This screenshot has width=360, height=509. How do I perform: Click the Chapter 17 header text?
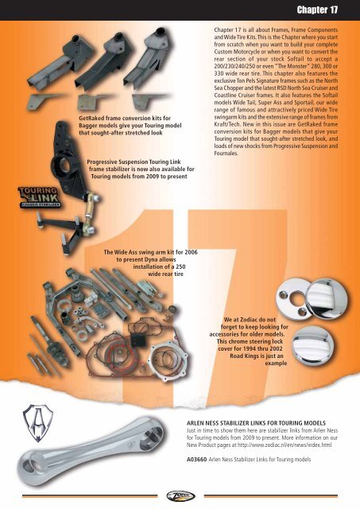317,10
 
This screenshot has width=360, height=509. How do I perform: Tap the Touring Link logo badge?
39,197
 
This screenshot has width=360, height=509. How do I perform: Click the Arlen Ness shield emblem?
37,422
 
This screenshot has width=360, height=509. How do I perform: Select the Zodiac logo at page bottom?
180,496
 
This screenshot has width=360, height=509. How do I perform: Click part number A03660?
196,460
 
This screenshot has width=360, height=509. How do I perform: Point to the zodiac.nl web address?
285,445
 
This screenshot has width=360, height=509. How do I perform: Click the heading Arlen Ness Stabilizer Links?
256,423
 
